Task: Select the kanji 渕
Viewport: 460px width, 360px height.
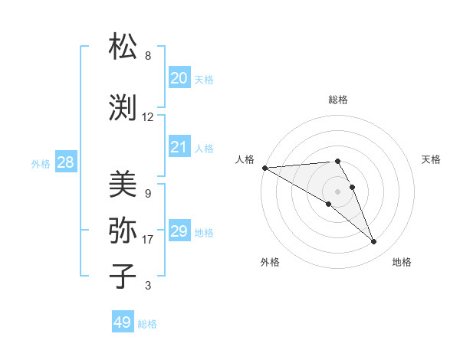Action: [123, 107]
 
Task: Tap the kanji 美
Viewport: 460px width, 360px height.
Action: [123, 184]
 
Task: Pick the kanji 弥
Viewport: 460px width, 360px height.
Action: [123, 230]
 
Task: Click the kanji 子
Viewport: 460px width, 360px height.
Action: [123, 276]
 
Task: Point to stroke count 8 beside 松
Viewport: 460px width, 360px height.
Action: [148, 56]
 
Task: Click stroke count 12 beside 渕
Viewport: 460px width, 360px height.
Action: [148, 117]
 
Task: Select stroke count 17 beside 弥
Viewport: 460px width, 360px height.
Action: [148, 240]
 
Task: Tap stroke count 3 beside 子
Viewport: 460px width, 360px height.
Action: [148, 286]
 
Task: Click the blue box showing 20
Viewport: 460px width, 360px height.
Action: [179, 77]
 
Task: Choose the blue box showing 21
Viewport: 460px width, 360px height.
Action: [179, 146]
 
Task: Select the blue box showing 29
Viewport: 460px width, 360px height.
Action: [179, 231]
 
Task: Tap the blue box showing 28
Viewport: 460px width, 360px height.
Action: [65, 162]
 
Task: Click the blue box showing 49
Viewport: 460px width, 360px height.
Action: [123, 322]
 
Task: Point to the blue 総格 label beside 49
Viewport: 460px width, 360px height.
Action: [148, 324]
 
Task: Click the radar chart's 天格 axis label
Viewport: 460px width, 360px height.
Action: [431, 159]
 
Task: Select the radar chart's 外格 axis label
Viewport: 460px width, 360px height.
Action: [270, 262]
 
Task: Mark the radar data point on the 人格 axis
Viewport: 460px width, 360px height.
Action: [264, 168]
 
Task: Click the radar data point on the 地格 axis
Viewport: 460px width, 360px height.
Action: [374, 242]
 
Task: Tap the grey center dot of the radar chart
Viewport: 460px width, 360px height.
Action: [337, 191]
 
